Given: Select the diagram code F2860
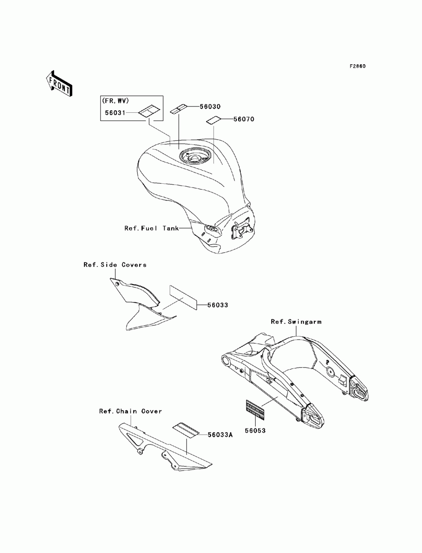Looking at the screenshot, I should [x=357, y=66].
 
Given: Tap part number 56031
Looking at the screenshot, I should [x=115, y=113].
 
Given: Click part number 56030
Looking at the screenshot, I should [x=209, y=107].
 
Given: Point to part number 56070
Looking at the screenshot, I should [x=244, y=119].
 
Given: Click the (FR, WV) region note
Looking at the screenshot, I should [x=115, y=101].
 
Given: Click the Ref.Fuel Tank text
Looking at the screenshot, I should [x=151, y=228].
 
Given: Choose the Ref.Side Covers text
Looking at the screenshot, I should [x=115, y=265].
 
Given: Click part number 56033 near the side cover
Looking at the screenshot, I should [x=217, y=305].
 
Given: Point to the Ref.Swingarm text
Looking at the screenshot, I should [x=296, y=321].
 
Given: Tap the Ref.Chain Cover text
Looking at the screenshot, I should [x=130, y=411].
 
